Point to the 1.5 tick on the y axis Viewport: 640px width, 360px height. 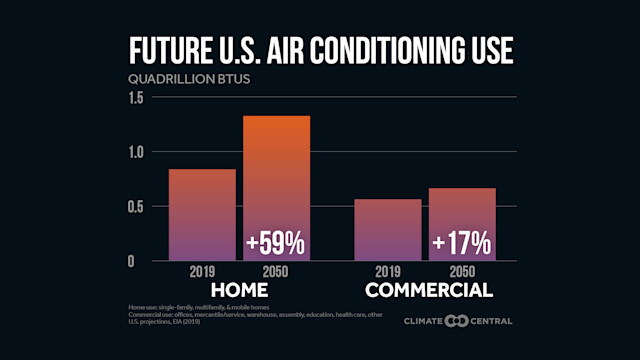[136, 98]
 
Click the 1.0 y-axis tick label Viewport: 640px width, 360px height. [136, 152]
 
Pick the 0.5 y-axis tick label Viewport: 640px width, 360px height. [136, 207]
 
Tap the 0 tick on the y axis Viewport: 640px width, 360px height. [142, 261]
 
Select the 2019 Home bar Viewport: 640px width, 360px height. [201, 215]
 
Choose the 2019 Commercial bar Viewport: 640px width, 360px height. [387, 230]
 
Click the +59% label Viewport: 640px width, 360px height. [276, 243]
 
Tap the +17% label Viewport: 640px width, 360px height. [461, 243]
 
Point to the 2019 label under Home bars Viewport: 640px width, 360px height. [201, 272]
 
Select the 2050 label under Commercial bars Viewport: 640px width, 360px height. [461, 272]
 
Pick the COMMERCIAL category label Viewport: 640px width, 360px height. [428, 290]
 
